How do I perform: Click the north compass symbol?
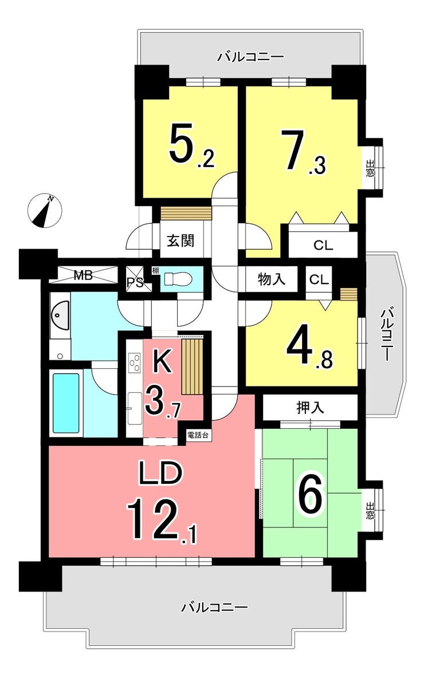(45, 211)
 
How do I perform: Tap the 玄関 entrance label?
(180, 241)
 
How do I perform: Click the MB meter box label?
(83, 275)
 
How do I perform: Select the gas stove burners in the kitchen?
(134, 362)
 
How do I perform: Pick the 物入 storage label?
(271, 279)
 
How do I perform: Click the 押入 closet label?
(310, 407)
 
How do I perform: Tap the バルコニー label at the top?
(251, 56)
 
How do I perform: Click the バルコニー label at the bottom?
(214, 608)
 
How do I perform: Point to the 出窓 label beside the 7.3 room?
(371, 168)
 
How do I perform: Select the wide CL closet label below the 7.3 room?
(323, 246)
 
